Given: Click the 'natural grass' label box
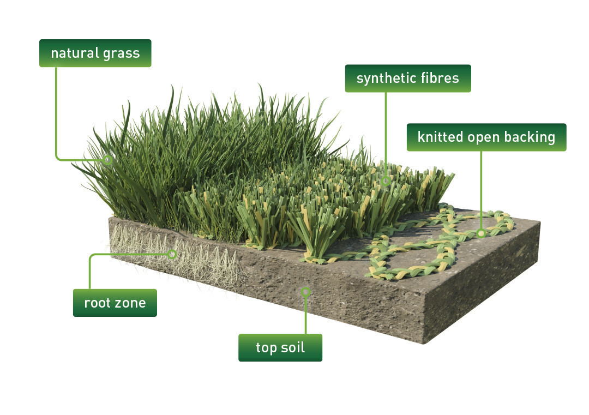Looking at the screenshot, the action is click(95, 53).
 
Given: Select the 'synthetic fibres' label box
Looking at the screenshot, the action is click(408, 79).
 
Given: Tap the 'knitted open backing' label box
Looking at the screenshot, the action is click(486, 137).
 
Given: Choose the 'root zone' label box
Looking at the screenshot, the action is click(115, 303).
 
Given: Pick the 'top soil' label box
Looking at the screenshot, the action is click(280, 348).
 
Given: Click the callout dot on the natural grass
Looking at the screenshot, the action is click(108, 160).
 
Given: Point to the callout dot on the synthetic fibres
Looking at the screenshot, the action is click(386, 181).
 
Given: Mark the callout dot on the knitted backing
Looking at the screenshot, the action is click(481, 233).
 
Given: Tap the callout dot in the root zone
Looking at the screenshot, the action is click(172, 254).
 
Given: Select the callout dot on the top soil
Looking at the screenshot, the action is click(306, 292).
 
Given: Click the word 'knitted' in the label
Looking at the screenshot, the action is click(440, 137).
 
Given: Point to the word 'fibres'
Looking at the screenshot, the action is click(442, 78).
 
